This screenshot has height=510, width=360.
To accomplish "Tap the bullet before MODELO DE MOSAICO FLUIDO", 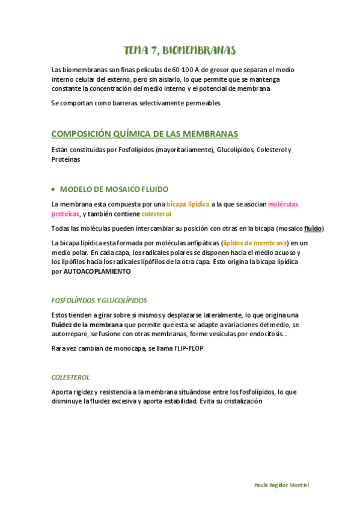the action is coord(54,189).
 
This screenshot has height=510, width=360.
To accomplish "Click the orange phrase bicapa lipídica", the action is coord(188,204).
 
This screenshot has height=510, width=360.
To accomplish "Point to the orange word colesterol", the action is coord(156,214).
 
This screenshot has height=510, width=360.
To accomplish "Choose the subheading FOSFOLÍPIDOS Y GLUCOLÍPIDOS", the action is coord(99,300).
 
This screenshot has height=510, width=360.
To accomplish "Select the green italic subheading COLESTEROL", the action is coord(70,377).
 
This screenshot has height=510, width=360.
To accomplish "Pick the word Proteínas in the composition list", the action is coord(66,160).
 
